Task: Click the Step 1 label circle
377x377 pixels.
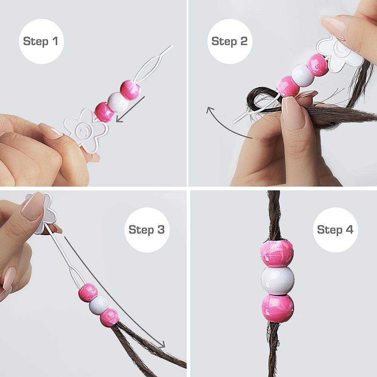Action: point(41,41)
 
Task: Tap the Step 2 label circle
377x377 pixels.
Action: point(230,41)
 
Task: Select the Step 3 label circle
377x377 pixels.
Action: point(147,230)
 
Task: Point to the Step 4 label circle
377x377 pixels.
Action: point(336,230)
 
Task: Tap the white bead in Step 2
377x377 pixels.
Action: point(303,75)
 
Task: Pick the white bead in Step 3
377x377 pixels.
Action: point(99,305)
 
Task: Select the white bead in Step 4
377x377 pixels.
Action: point(278,280)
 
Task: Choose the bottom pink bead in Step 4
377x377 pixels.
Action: point(278,308)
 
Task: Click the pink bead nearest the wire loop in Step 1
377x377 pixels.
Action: point(130,90)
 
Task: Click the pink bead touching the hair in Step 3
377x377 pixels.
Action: point(109,318)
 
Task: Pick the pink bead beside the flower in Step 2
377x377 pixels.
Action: point(318,65)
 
